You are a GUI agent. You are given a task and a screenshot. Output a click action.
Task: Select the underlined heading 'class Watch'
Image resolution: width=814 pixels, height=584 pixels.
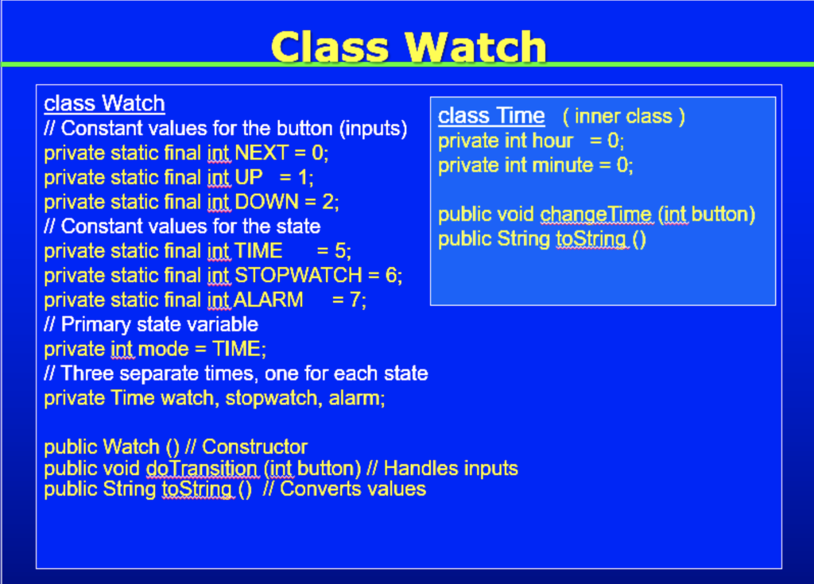(104, 103)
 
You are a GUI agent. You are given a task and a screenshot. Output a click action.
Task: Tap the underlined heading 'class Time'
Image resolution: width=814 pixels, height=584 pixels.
(491, 116)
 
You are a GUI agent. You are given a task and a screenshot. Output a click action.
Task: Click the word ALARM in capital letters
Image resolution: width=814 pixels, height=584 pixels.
(269, 300)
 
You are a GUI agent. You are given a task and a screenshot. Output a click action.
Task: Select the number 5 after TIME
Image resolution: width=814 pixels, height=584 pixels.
(340, 251)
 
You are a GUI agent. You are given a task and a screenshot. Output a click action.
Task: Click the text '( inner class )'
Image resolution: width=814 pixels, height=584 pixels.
(623, 117)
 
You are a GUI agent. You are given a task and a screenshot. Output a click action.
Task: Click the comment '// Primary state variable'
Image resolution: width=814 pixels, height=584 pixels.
(151, 324)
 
